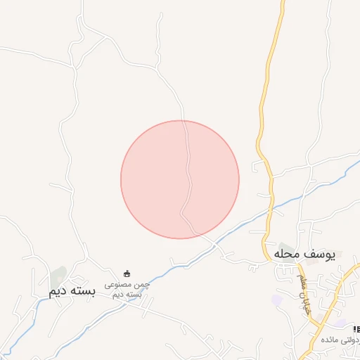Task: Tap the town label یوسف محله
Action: tap(304, 254)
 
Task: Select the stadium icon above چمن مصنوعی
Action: tap(127, 274)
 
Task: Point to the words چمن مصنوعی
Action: tap(127, 285)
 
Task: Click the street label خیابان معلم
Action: tap(304, 294)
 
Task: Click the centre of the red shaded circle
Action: tap(180, 179)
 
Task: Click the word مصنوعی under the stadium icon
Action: tap(119, 285)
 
